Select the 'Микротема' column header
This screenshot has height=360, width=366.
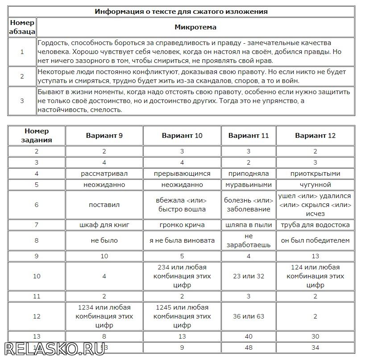click(195, 27)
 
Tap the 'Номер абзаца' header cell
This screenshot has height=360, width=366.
click(22, 27)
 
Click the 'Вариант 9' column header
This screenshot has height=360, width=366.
click(104, 136)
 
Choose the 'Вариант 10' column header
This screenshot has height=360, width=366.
click(182, 136)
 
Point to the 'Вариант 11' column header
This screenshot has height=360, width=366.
click(248, 136)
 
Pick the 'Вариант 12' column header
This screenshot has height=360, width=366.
click(315, 136)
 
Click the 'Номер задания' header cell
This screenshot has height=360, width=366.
click(37, 135)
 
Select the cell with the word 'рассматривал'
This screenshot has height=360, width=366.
click(104, 174)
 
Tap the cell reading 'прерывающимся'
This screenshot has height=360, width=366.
click(182, 174)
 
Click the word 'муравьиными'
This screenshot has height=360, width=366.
click(248, 185)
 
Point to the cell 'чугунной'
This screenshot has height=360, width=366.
click(315, 185)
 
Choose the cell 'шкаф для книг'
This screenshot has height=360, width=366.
click(104, 225)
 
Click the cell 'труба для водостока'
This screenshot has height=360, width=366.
click(315, 225)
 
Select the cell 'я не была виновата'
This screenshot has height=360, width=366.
click(182, 240)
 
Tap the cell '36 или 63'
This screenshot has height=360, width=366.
click(248, 316)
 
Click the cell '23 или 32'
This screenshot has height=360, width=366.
click(248, 276)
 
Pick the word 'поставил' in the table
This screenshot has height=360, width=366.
click(104, 205)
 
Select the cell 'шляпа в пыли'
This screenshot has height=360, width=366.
click(248, 225)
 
